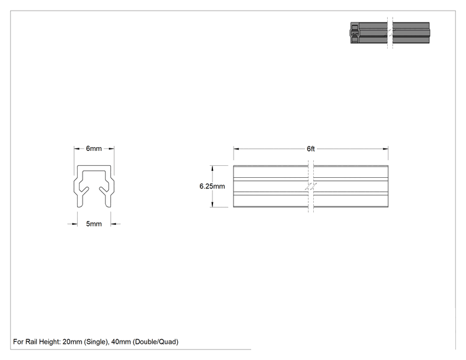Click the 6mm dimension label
tap(94, 148)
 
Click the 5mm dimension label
tap(94, 224)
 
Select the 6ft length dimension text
tap(311, 149)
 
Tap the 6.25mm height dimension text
tap(212, 186)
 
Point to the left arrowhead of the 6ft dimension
tap(236, 149)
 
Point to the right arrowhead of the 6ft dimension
tap(385, 149)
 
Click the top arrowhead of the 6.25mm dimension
tap(212, 168)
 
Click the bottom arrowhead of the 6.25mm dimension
tap(212, 204)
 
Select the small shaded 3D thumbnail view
tap(390, 33)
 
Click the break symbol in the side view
tap(311, 187)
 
